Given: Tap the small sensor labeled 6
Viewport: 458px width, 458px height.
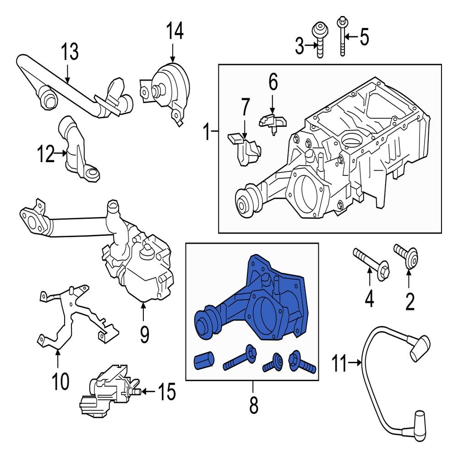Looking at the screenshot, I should coord(273,121).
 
